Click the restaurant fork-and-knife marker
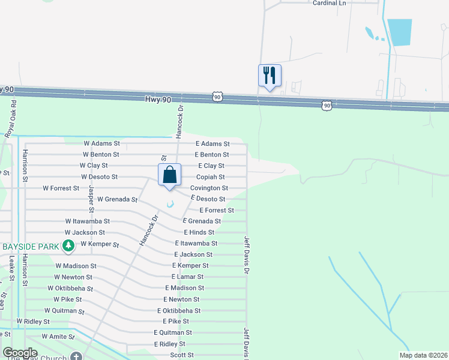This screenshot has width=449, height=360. click(x=270, y=76)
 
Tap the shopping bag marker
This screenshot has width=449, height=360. click(x=170, y=175)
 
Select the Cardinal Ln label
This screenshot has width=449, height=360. click(x=330, y=3)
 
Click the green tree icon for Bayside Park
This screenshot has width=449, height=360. click(x=68, y=246)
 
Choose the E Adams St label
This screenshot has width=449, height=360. click(x=212, y=144)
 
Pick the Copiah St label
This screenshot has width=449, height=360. click(x=210, y=177)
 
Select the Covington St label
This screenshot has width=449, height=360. click(x=209, y=188)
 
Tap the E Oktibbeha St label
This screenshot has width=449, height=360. click(x=179, y=311)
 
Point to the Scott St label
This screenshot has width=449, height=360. click(x=181, y=355)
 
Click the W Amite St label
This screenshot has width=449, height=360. click(x=54, y=337)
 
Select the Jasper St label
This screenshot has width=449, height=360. click(x=92, y=199)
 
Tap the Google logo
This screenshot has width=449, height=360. click(x=20, y=353)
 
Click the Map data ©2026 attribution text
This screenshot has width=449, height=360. click(x=422, y=355)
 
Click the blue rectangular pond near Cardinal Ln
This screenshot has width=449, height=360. click(x=399, y=32)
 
